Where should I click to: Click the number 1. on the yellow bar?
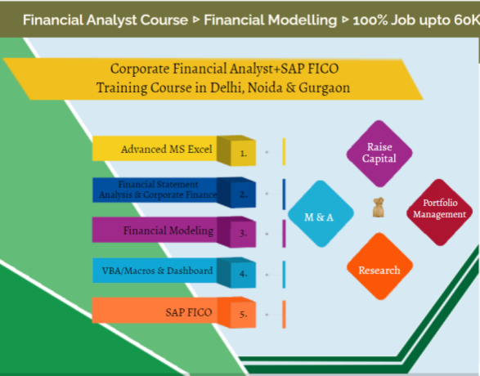pos(243,152)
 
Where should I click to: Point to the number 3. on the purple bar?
pos(243,233)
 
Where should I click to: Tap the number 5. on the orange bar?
pos(243,313)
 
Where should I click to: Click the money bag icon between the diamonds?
pos(378,209)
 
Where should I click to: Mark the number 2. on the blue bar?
pos(243,193)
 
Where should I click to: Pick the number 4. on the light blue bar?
pos(243,273)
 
